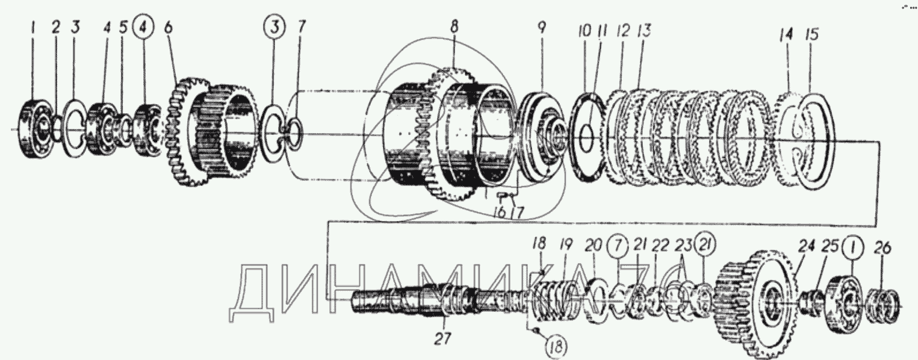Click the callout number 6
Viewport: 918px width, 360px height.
[169, 28]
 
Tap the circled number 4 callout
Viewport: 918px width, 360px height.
[143, 28]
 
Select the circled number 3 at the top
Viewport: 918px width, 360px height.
[274, 28]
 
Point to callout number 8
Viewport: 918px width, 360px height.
[453, 28]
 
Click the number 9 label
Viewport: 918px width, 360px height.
[542, 28]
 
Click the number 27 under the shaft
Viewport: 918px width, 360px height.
[442, 339]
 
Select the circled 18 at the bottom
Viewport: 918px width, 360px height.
[556, 347]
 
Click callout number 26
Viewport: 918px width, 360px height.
[882, 247]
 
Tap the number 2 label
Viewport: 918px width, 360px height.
[56, 28]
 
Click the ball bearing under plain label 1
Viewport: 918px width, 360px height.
[36, 128]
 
